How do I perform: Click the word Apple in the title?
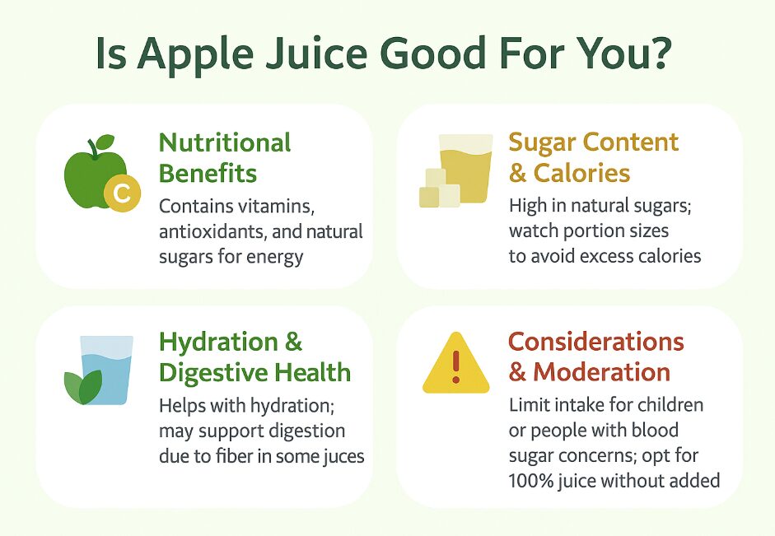(196, 54)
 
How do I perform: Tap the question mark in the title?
(658, 51)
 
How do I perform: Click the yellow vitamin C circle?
(122, 193)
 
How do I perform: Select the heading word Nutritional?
(225, 142)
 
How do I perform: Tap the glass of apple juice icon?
(465, 169)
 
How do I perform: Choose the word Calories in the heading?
(581, 173)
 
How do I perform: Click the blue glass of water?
(107, 370)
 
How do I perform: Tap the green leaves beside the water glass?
(83, 387)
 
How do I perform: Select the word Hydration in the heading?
(218, 343)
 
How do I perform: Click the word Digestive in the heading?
(213, 372)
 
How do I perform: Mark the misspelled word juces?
(344, 457)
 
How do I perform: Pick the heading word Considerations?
(596, 342)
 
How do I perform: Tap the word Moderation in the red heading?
(601, 372)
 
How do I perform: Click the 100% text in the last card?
(531, 481)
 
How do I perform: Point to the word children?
(670, 405)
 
